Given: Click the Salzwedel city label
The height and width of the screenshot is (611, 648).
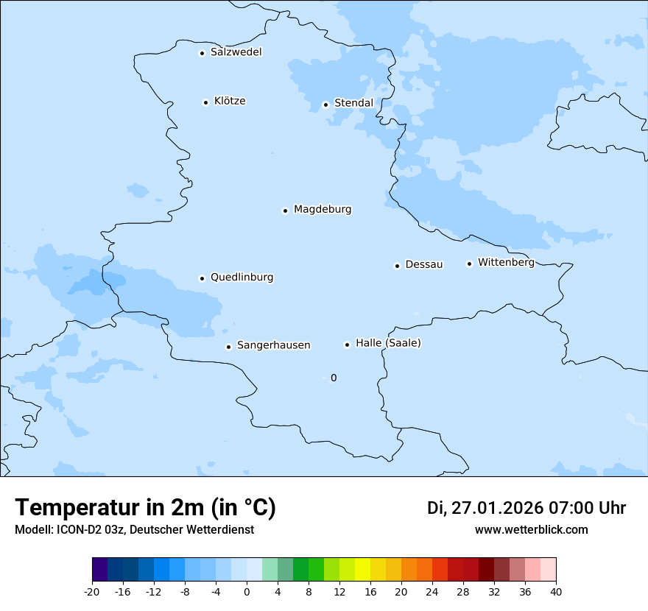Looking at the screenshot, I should coord(236,52).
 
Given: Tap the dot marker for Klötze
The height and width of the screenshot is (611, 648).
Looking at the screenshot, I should coord(205,102).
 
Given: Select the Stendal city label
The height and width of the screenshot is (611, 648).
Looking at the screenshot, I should coord(353,103).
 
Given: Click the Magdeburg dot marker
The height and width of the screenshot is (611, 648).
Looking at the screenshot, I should coord(285,211).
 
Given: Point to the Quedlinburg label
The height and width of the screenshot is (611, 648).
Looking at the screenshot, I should coord(242,278).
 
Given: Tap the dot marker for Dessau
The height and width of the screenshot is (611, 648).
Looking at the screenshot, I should coord(397,266).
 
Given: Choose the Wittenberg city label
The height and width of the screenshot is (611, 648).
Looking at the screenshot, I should coord(506,263).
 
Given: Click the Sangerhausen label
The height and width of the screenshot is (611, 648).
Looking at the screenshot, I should coord(273,345).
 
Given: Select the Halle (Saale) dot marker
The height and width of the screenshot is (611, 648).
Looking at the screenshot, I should coord(347,345).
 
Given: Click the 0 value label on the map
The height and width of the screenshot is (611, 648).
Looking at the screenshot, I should coord(334,378).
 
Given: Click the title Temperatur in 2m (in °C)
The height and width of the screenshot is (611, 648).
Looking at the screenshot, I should coord(145,508).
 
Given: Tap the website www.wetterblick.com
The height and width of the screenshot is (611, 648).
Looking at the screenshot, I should coord(531,530).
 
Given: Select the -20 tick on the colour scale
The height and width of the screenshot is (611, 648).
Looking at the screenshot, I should coord(91,591).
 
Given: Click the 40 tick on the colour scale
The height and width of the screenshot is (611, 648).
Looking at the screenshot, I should coord(556,591).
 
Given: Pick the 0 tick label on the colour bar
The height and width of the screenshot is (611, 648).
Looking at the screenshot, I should coord(247,591).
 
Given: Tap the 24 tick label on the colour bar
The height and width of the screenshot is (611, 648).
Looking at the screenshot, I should coord(432,591).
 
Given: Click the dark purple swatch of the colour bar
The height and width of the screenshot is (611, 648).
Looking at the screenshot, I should coord(99,570).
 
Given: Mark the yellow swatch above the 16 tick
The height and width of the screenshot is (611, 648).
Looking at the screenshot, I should coord(362,570).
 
